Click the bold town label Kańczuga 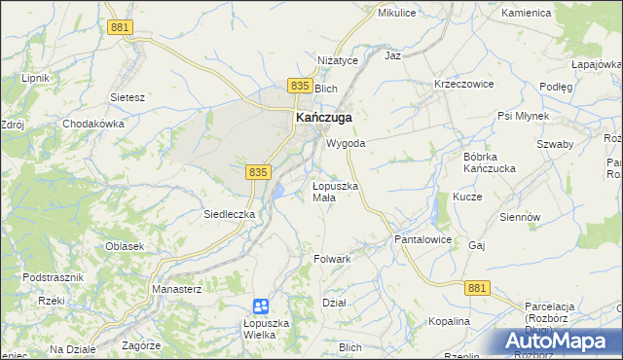coord(323,118)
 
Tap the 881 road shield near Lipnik coord(121,28)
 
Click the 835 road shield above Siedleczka coord(257,171)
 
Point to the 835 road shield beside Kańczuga coord(299,88)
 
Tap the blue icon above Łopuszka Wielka coord(260,306)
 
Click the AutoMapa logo coord(559,342)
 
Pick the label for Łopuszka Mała coord(336,191)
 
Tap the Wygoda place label coord(346,143)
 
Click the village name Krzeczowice coord(464,84)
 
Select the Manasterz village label coord(176,290)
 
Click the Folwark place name coord(332,260)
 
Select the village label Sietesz coord(128,97)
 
